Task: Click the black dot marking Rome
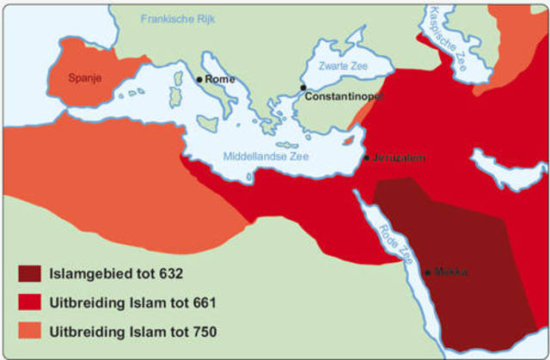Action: (199, 79)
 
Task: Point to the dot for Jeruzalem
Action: (367, 158)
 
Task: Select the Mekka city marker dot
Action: (428, 272)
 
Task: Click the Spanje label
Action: (86, 77)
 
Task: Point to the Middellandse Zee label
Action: (266, 156)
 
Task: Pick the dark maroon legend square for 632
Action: (29, 274)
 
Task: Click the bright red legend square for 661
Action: (29, 302)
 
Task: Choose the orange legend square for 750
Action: (29, 331)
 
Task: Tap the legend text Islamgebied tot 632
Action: (118, 274)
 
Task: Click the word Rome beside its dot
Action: (220, 79)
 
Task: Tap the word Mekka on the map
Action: (451, 272)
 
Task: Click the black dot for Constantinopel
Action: (302, 88)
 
